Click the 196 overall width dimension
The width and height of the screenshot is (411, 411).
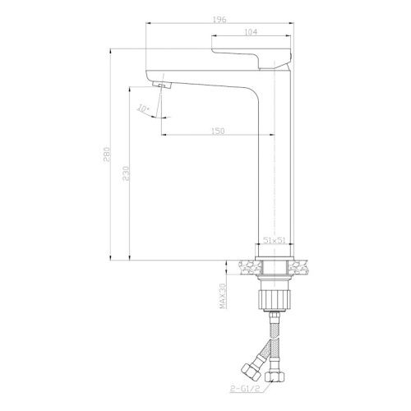219,20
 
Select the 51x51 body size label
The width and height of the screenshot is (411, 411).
274,240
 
